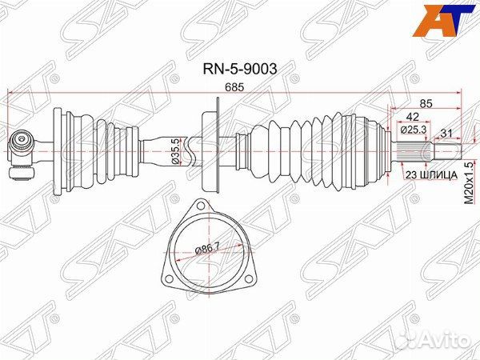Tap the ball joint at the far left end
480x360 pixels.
point(19,147)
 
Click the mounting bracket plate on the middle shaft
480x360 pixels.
point(212,148)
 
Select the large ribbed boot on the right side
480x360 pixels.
point(320,149)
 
